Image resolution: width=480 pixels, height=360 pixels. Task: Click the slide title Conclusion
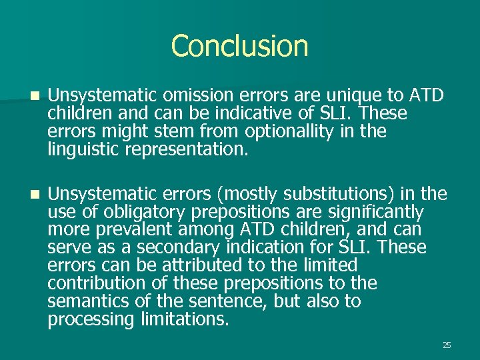click(239, 46)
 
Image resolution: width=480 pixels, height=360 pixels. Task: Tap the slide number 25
click(447, 345)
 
